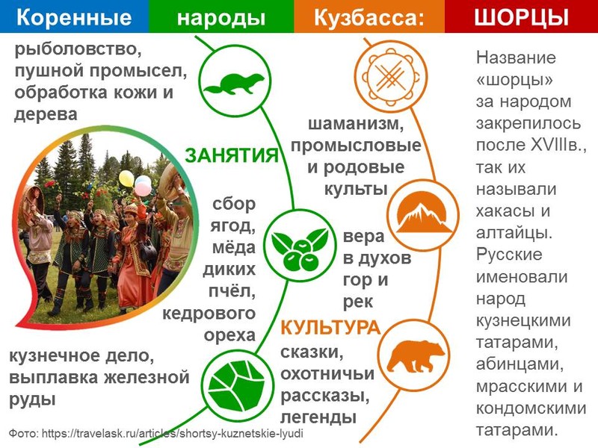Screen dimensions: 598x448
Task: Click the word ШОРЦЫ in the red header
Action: coord(521,17)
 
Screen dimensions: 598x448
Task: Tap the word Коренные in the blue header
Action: coord(74,17)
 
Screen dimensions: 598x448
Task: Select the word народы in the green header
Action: coord(221,18)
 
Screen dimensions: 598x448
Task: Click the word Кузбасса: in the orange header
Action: coord(369,17)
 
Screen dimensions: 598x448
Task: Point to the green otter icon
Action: coord(233,83)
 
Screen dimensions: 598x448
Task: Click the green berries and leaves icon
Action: coord(299,249)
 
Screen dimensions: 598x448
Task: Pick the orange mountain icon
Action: coord(423,216)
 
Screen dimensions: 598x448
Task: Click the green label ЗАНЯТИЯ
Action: coord(232,155)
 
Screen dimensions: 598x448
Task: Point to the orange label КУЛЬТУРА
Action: coord(330,328)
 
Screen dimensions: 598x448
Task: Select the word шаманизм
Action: coord(356,124)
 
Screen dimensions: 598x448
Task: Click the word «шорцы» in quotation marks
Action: coord(514,80)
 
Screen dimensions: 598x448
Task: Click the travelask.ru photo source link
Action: coord(173,433)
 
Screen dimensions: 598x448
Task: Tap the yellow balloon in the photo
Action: coord(126,178)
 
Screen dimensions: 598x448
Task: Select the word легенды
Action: coord(318,417)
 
